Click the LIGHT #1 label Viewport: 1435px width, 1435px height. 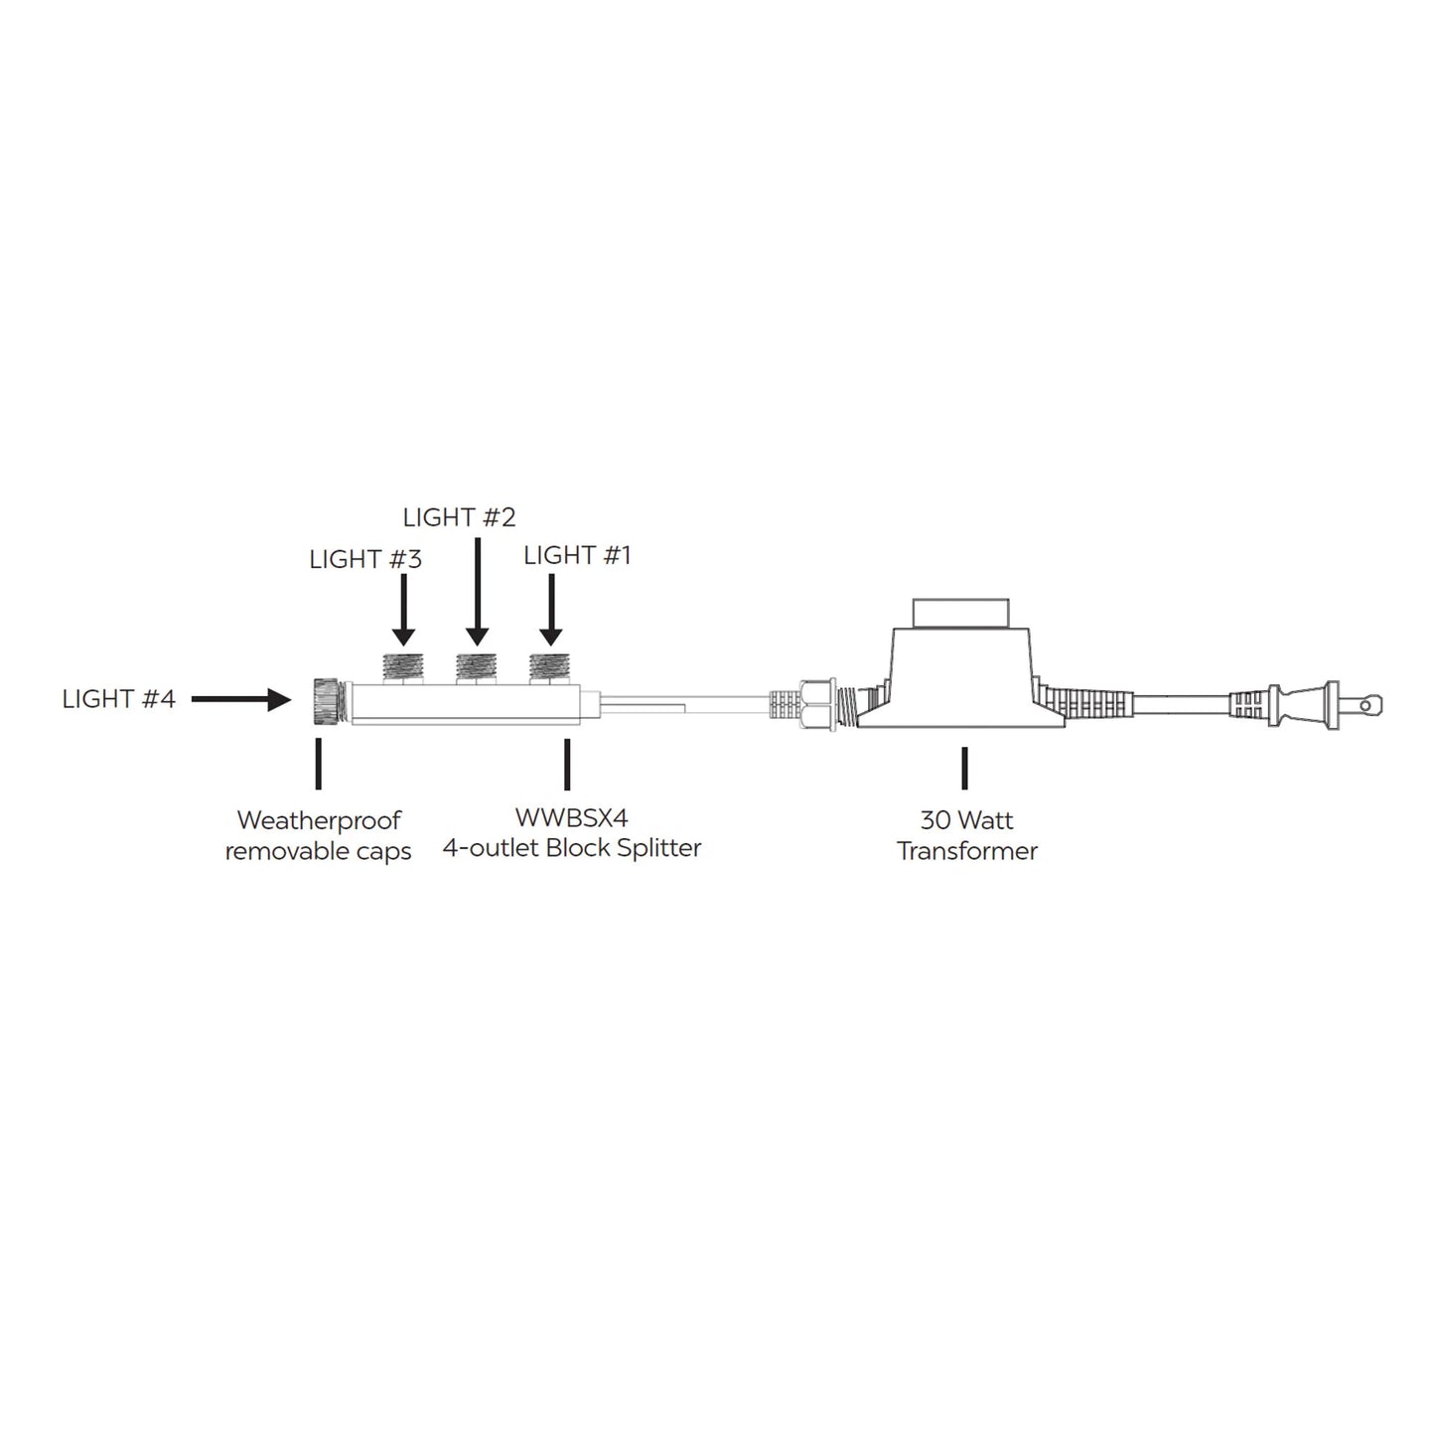click(x=577, y=555)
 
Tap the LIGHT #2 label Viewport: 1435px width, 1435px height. click(x=459, y=517)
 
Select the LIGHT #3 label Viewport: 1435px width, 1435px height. click(x=365, y=560)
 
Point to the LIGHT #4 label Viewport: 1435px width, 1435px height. click(x=119, y=699)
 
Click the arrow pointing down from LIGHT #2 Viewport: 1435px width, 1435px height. click(x=478, y=592)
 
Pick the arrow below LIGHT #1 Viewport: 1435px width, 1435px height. click(x=551, y=610)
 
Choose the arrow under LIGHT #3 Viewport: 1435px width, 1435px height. click(x=402, y=610)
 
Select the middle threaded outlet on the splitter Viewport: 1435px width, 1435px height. click(x=477, y=665)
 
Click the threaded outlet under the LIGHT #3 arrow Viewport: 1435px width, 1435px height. click(x=403, y=665)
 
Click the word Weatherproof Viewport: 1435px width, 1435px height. click(x=319, y=821)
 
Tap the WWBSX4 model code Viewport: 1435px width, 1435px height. click(x=571, y=818)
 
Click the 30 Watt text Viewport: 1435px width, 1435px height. click(x=966, y=820)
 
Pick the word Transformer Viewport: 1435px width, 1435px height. click(x=967, y=851)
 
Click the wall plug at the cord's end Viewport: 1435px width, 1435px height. click(x=1331, y=705)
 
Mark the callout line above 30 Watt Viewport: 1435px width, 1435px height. click(x=964, y=768)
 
